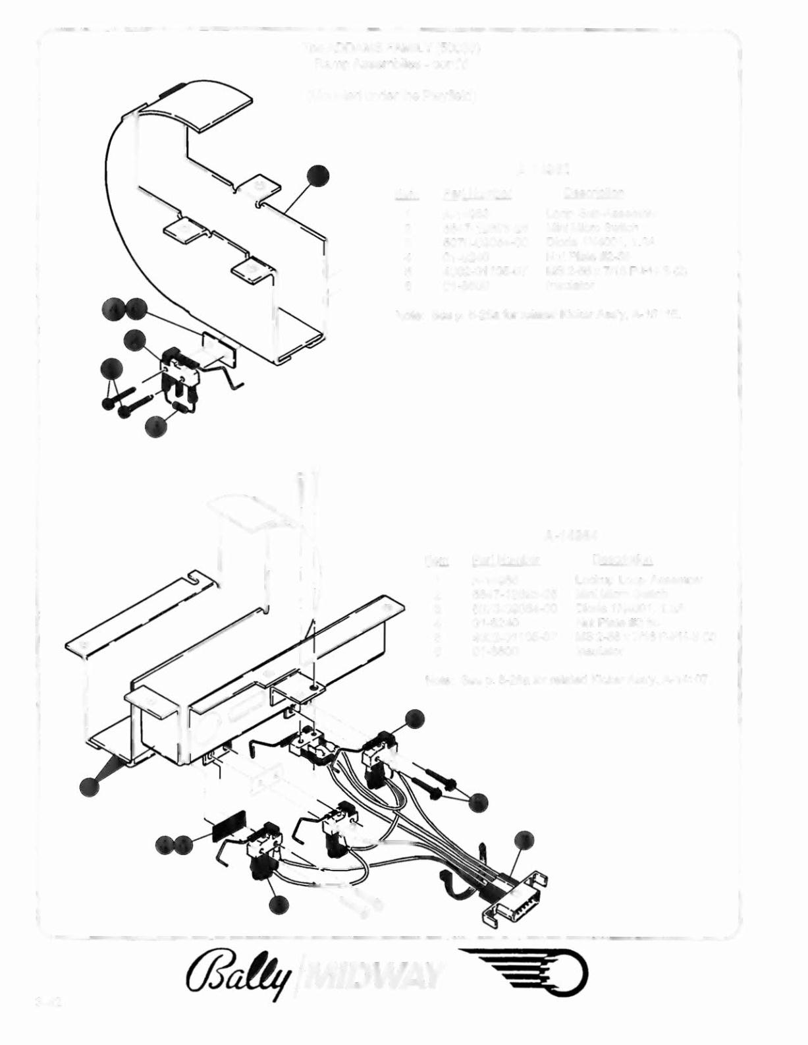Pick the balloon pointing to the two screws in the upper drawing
click(x=111, y=370)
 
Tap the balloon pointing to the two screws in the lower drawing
click(x=478, y=801)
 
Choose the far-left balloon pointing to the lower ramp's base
click(x=90, y=786)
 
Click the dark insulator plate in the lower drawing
click(x=229, y=824)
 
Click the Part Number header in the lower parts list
click(x=506, y=560)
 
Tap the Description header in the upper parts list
click(x=593, y=193)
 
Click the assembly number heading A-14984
click(x=571, y=534)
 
